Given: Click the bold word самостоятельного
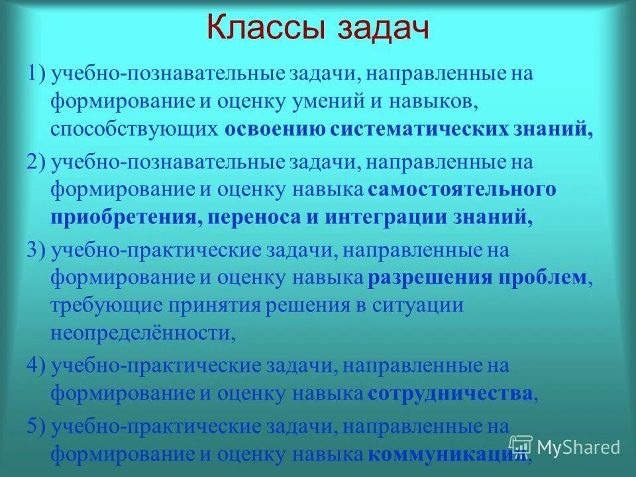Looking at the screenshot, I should coord(462,190).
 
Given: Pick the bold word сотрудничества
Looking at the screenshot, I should coord(450,394).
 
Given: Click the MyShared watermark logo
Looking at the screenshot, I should coord(565,447).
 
